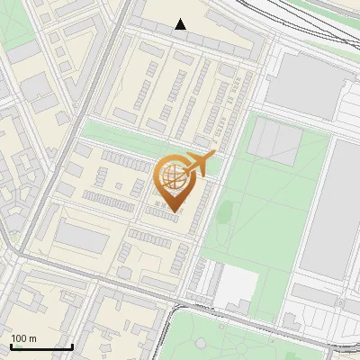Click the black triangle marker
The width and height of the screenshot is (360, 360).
pyautogui.click(x=181, y=24)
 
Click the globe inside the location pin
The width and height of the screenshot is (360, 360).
pyautogui.click(x=171, y=176)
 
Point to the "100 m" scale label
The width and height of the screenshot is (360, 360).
pyautogui.click(x=23, y=338)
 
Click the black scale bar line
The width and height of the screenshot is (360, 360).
pyautogui.click(x=41, y=346)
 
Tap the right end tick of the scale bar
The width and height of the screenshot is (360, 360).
pyautogui.click(x=72, y=345)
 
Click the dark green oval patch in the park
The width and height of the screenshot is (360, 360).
pyautogui.click(x=225, y=211)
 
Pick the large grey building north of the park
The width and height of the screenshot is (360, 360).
pyautogui.click(x=306, y=85)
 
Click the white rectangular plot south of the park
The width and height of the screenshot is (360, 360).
pyautogui.click(x=236, y=286)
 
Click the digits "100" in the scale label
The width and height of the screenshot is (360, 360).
pyautogui.click(x=18, y=338)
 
